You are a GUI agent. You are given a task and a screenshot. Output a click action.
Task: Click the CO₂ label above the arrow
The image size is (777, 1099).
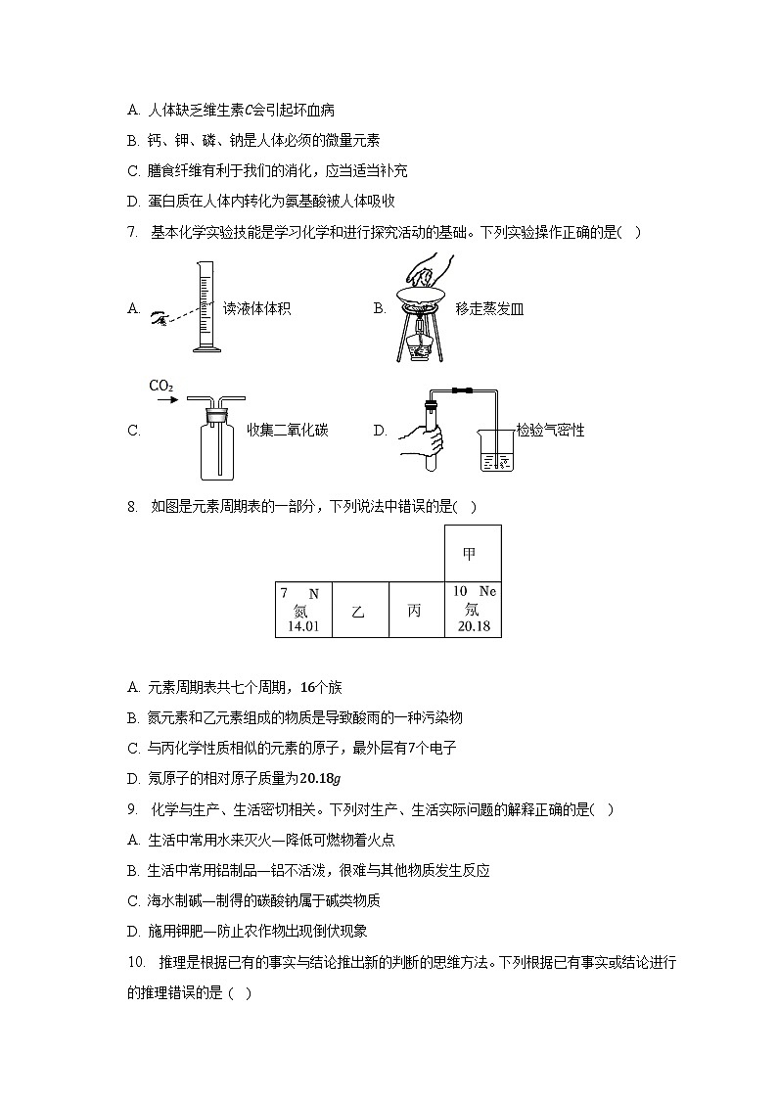(160, 386)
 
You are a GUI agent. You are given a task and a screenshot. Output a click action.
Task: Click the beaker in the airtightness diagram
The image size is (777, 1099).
(496, 450)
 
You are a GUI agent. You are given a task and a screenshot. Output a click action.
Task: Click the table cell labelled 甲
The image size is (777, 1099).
(473, 554)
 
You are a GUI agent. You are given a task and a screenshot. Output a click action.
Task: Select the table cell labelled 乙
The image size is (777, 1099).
(359, 611)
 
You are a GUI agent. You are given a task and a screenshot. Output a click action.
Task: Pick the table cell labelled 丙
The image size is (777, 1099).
(416, 611)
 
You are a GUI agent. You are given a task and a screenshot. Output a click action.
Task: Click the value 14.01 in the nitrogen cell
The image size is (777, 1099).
(303, 626)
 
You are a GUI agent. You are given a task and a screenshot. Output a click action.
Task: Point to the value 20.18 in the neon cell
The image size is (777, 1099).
(473, 626)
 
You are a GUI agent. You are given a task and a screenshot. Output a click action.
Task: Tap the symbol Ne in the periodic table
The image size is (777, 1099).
(487, 592)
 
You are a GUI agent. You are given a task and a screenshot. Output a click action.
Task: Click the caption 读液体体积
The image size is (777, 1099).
(256, 309)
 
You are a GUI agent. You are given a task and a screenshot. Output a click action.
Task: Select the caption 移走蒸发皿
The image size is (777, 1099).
(489, 309)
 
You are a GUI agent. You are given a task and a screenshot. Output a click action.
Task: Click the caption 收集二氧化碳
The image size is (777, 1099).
(287, 430)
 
